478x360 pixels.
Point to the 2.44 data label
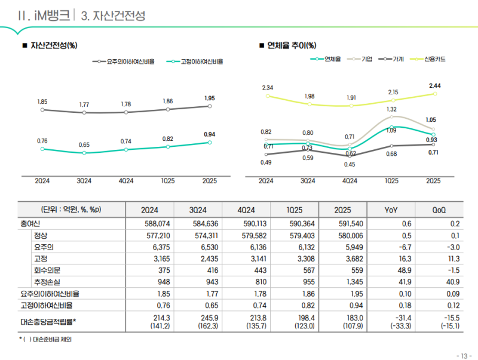point(435,86)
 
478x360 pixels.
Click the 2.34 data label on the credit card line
point(267,88)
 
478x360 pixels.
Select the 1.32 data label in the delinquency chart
point(391,109)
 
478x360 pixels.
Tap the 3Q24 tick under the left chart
point(84,181)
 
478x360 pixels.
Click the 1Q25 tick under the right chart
point(391,181)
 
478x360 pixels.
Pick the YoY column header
point(391,210)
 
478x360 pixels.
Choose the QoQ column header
point(439,210)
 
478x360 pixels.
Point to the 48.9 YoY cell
point(391,270)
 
